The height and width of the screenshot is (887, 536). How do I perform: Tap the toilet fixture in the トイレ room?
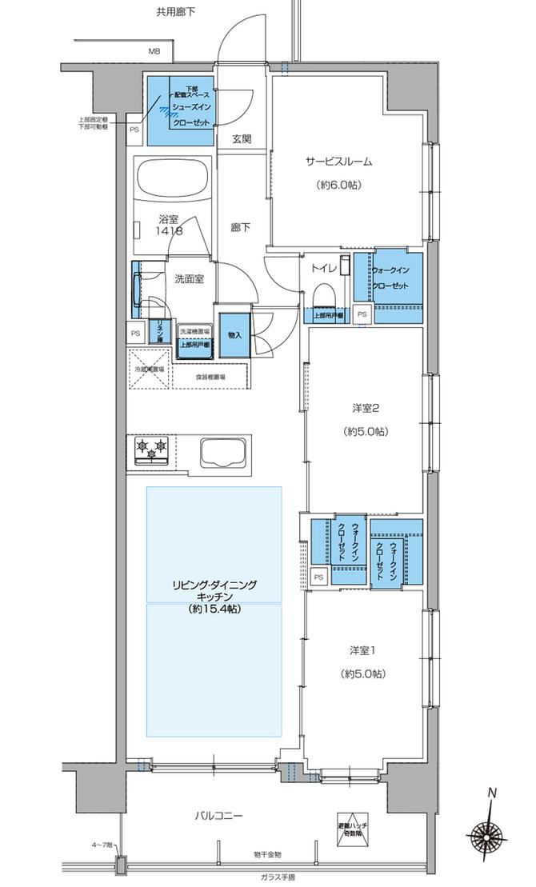pyautogui.click(x=325, y=297)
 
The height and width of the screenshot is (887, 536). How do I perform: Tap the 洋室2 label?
pyautogui.click(x=365, y=409)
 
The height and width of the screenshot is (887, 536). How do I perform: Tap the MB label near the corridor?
pyautogui.click(x=153, y=52)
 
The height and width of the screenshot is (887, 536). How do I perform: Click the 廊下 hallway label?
pyautogui.click(x=241, y=228)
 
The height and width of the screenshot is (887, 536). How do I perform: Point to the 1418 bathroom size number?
pyautogui.click(x=169, y=230)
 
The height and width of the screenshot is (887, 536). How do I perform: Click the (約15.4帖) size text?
pyautogui.click(x=214, y=609)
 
